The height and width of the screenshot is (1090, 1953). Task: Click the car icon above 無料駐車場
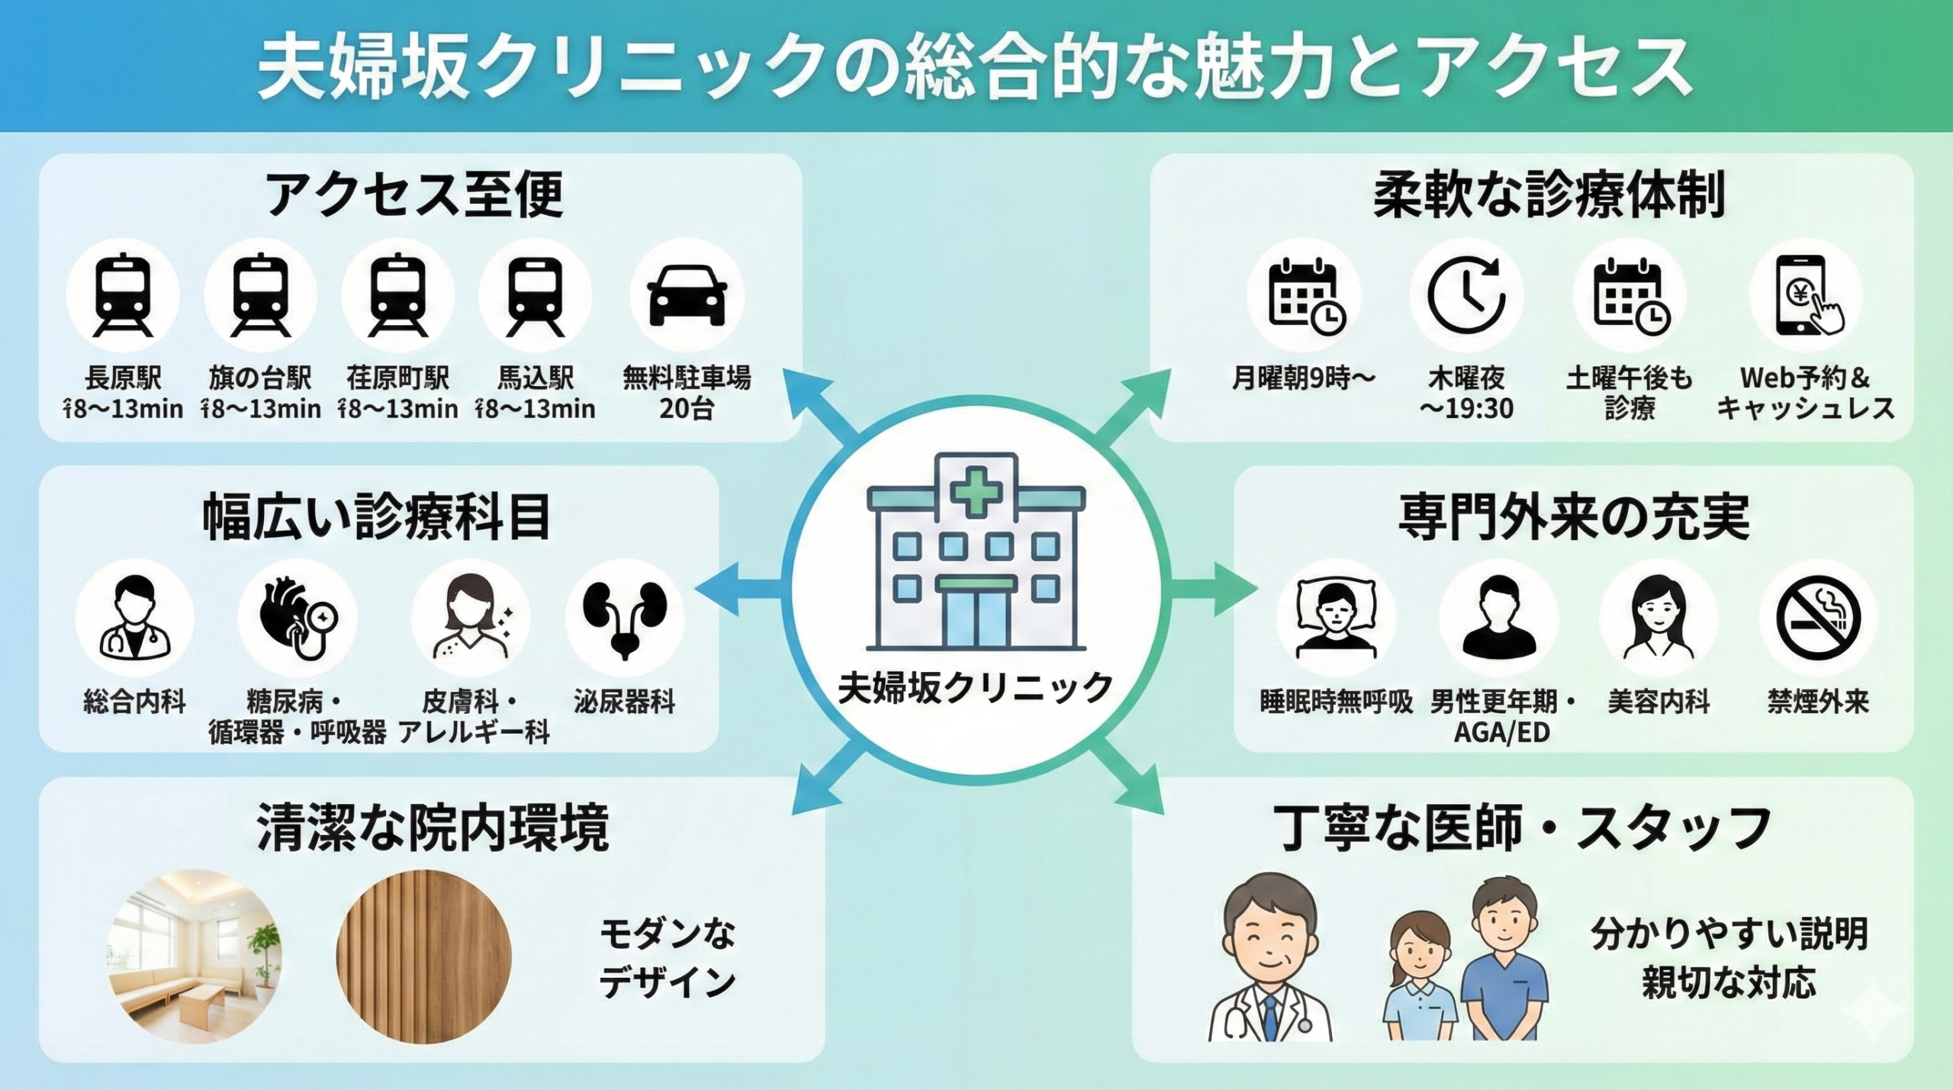(x=687, y=296)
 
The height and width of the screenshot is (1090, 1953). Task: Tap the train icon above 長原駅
(x=122, y=296)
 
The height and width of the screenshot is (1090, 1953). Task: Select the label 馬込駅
(x=535, y=378)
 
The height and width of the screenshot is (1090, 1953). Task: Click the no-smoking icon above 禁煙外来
(x=1818, y=618)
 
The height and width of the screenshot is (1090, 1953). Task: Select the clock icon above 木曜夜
(x=1466, y=296)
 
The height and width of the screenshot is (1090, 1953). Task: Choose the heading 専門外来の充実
(x=1573, y=518)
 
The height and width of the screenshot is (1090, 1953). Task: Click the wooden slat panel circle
(x=423, y=957)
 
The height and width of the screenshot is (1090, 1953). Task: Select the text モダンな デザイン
(x=668, y=957)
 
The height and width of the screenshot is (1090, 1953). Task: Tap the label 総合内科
(x=135, y=702)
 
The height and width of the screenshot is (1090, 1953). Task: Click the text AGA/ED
(x=1501, y=733)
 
